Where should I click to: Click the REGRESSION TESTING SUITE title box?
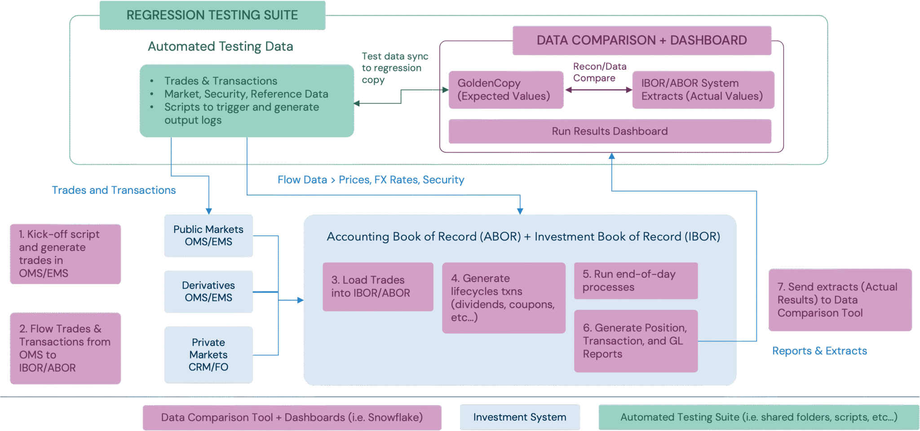click(212, 15)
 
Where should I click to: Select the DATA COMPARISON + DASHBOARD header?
click(642, 40)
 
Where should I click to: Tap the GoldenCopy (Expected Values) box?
click(506, 90)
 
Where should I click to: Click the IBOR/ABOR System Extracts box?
click(703, 90)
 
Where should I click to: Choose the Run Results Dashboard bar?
click(610, 131)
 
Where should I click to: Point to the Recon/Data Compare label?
click(599, 72)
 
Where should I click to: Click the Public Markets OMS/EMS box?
click(208, 236)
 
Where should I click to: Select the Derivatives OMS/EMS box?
click(208, 291)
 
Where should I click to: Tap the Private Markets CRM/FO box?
click(208, 355)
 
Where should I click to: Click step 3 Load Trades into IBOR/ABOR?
click(378, 287)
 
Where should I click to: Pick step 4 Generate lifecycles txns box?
click(504, 298)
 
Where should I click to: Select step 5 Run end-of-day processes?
click(636, 281)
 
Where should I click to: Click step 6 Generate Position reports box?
click(636, 341)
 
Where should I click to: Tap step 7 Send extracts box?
click(840, 300)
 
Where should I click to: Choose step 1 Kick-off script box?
click(66, 254)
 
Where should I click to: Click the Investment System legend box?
click(520, 418)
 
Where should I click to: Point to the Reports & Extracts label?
click(819, 351)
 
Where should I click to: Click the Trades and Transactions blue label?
click(114, 190)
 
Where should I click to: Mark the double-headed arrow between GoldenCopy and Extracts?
click(599, 90)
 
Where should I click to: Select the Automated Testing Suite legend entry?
click(759, 418)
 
